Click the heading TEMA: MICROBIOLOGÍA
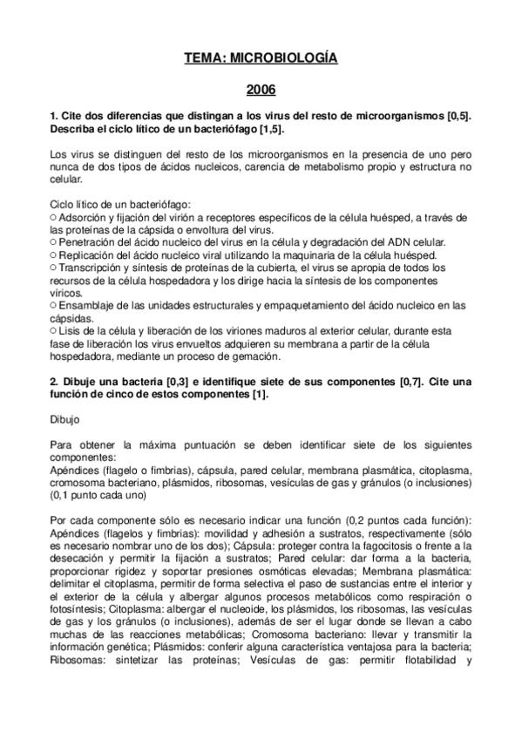261,58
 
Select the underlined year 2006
261,90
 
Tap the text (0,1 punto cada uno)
96,495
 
